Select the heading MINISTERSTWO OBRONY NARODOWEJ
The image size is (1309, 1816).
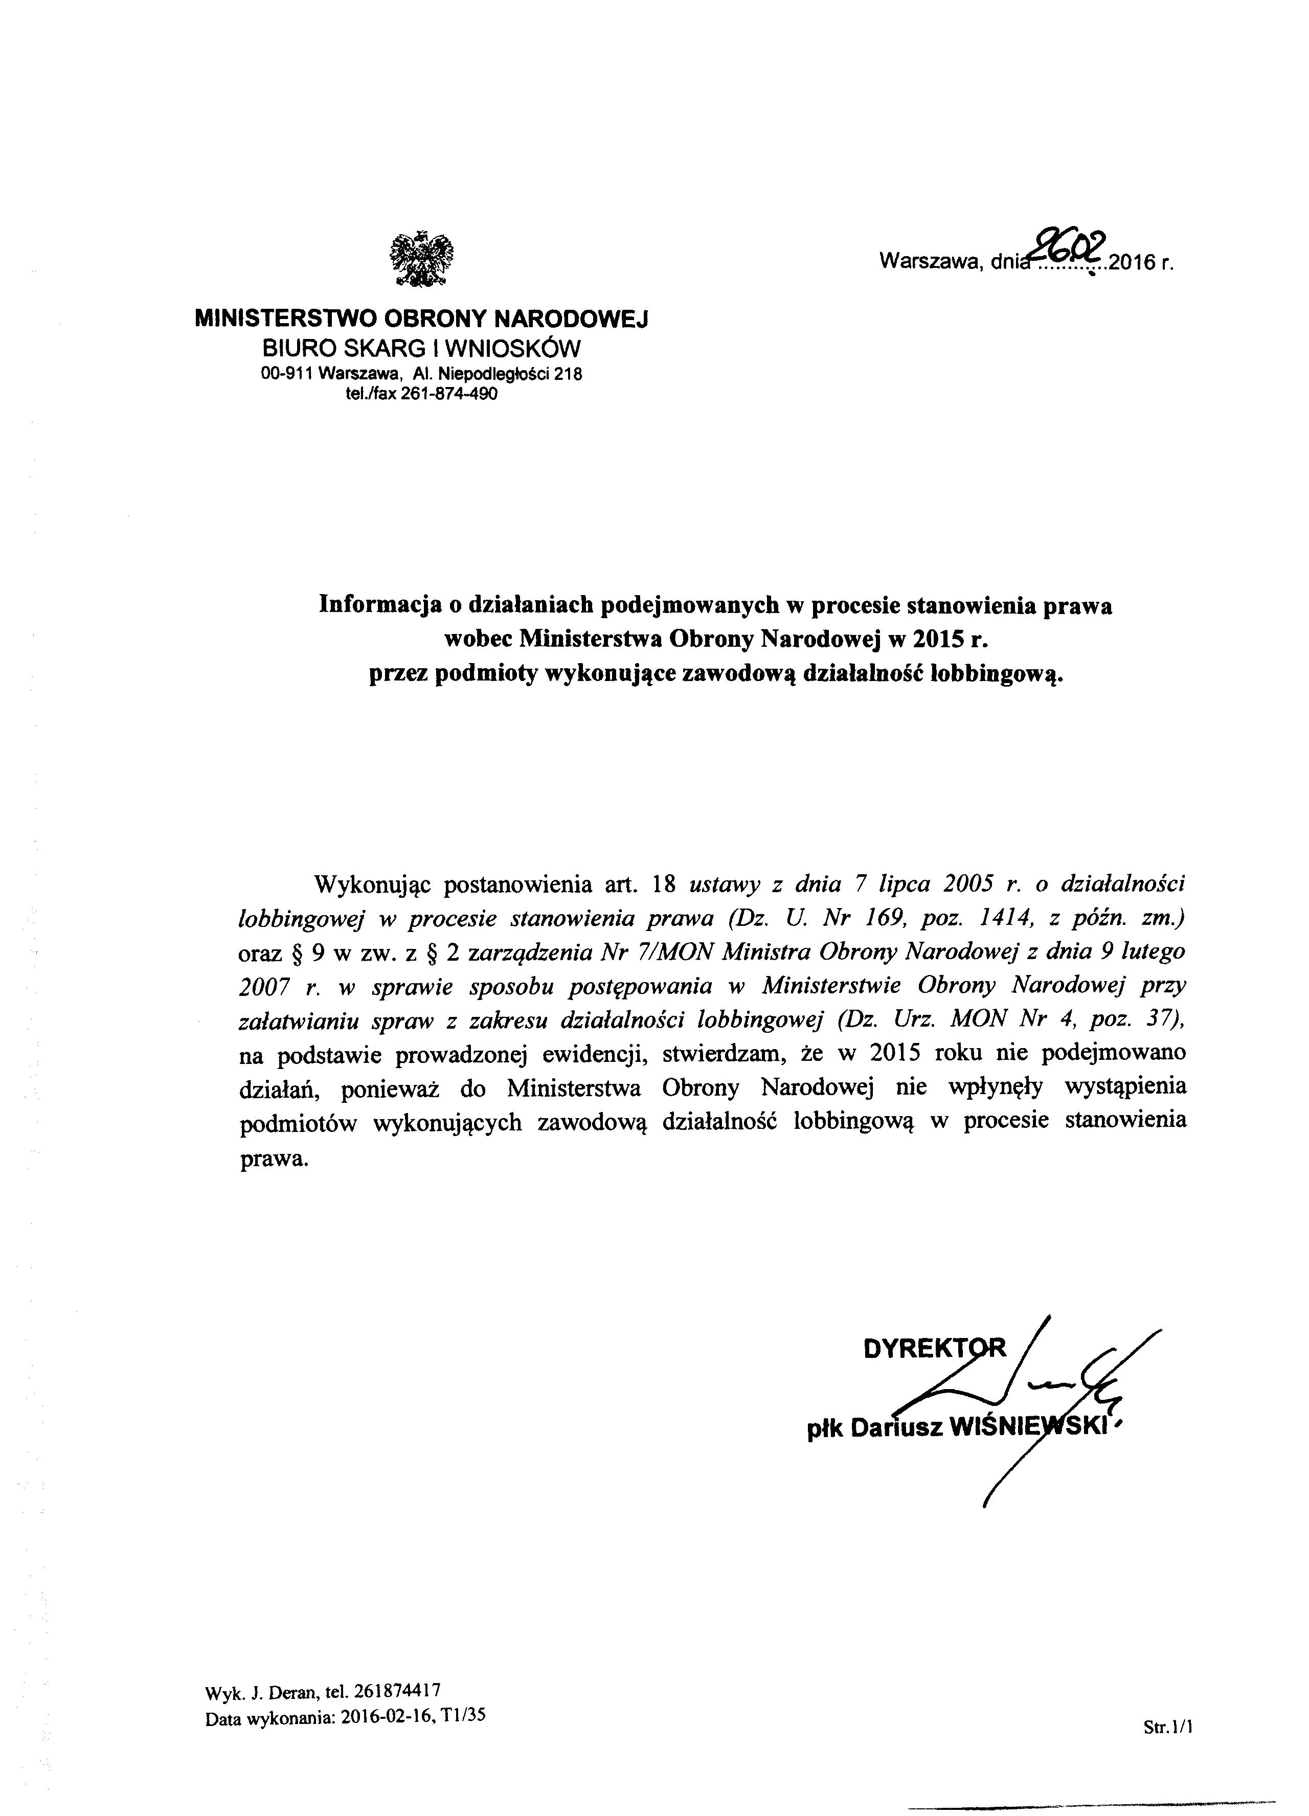421,320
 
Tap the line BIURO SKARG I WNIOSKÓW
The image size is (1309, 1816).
421,348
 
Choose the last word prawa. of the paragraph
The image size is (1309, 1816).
273,1158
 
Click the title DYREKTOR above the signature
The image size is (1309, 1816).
934,1348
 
